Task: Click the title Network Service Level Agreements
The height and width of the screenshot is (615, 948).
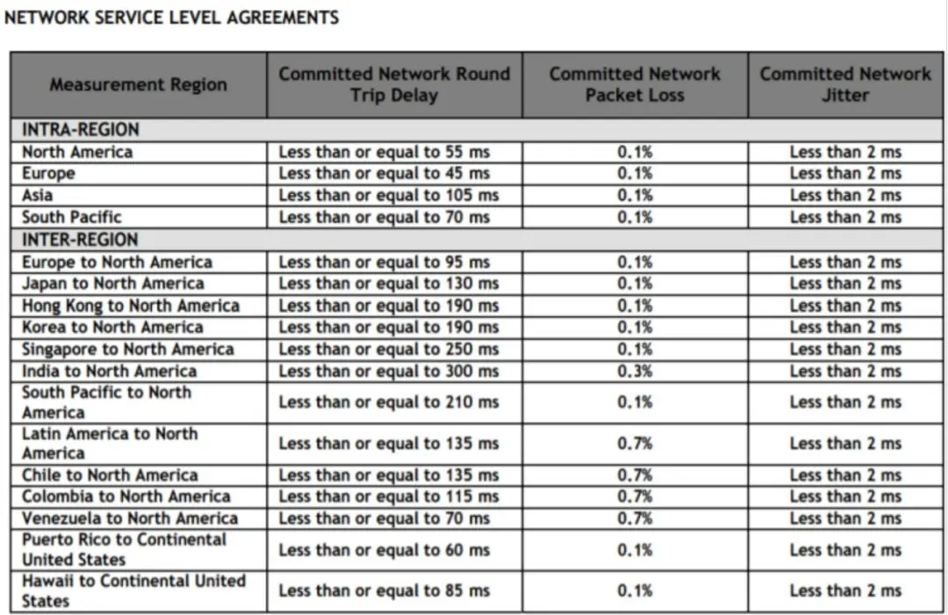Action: click(x=172, y=18)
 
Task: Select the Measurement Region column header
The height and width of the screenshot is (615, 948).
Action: click(x=138, y=85)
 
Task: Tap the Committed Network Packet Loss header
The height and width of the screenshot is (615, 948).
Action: click(x=635, y=84)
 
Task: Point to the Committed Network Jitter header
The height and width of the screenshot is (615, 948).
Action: click(x=845, y=84)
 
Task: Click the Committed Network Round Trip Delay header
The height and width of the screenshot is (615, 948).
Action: click(x=394, y=84)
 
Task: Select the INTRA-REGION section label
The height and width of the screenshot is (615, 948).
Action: click(x=81, y=130)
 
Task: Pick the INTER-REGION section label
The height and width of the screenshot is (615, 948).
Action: click(x=80, y=240)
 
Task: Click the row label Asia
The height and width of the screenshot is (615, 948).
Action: click(x=38, y=195)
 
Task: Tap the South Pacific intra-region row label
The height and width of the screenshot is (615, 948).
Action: click(x=72, y=217)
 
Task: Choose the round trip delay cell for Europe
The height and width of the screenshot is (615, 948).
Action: click(x=384, y=174)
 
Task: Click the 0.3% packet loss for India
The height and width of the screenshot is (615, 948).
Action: click(x=635, y=372)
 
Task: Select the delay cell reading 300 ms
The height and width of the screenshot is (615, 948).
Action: click(x=389, y=372)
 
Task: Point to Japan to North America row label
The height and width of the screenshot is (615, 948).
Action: click(x=113, y=284)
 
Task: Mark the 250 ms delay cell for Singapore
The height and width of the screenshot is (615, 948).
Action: click(x=389, y=350)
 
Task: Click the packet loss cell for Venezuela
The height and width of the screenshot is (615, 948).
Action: click(x=635, y=518)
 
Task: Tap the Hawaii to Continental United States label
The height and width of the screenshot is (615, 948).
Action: click(x=133, y=590)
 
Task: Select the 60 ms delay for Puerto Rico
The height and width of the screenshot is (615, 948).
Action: click(x=384, y=550)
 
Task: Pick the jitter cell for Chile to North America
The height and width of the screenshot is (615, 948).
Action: click(x=845, y=475)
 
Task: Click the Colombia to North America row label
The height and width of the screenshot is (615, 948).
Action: click(x=126, y=496)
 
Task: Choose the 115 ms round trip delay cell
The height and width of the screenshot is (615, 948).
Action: click(x=389, y=496)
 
